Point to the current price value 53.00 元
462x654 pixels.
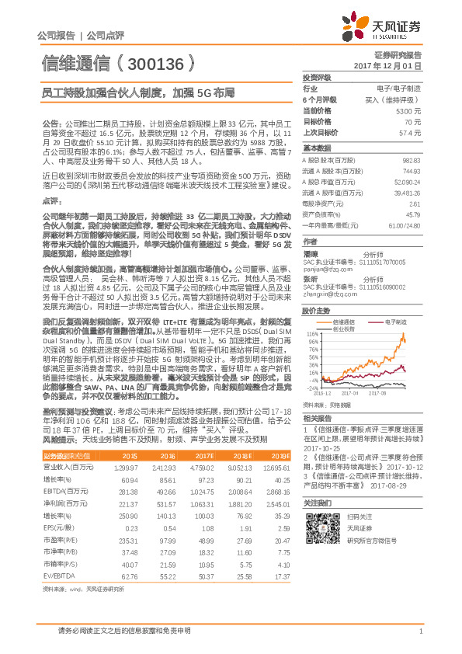408,111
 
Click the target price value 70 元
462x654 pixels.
412,122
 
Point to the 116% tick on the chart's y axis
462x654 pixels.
312,333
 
